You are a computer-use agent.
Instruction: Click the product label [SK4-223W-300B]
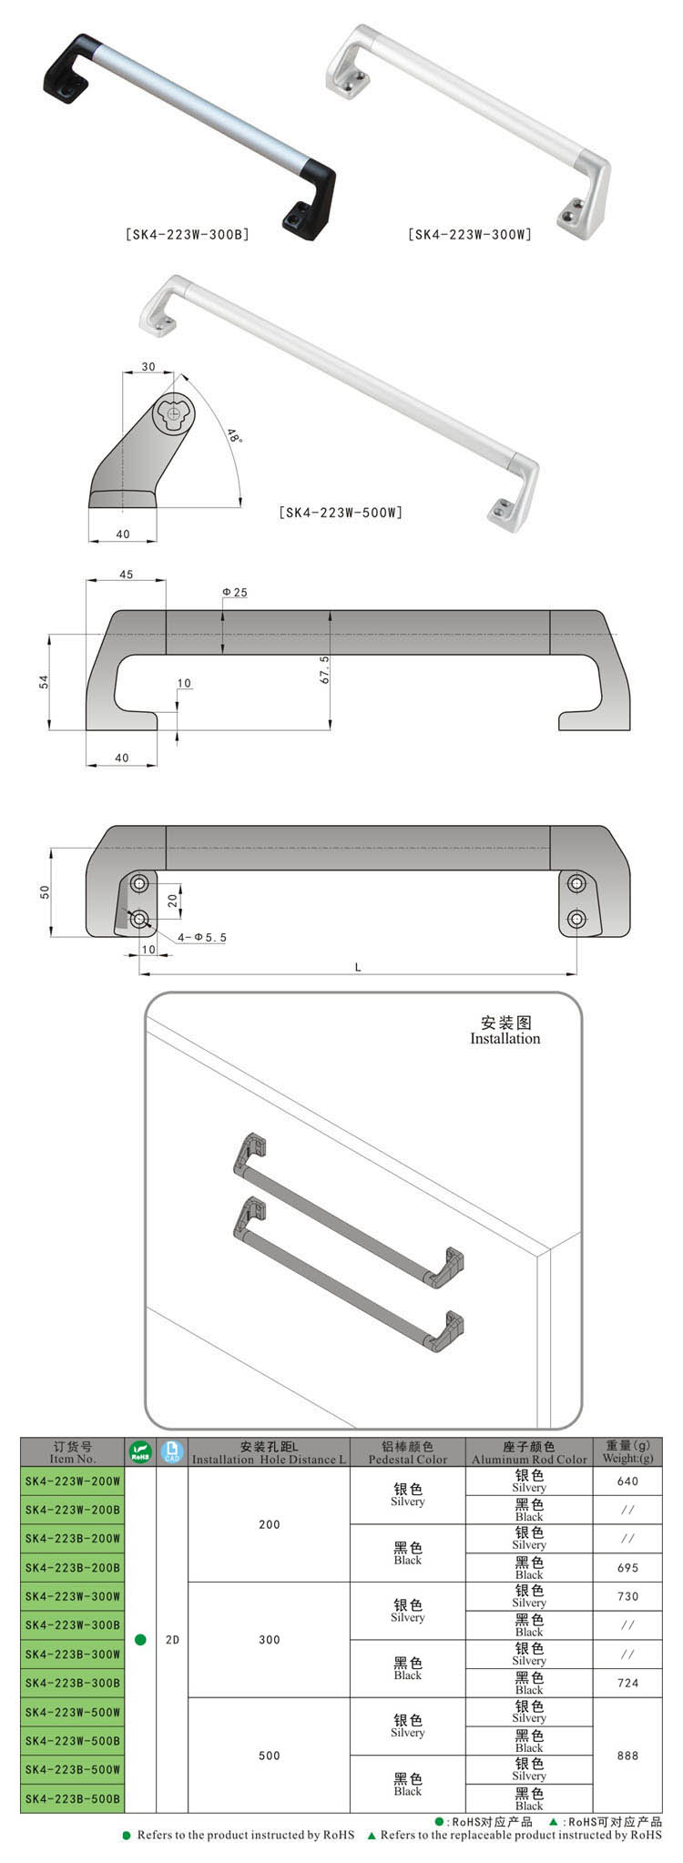click(x=187, y=235)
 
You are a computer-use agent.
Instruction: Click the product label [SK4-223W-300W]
click(x=471, y=235)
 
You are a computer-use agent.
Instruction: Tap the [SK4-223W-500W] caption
click(x=341, y=513)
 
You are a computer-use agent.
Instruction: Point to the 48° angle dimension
click(x=235, y=436)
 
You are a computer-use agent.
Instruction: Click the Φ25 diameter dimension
click(x=234, y=593)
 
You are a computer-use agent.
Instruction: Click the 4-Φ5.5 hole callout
click(x=202, y=937)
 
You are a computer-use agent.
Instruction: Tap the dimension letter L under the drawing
click(x=358, y=967)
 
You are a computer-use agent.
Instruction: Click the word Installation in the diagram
click(x=505, y=1038)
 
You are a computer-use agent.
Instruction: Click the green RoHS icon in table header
click(x=140, y=1451)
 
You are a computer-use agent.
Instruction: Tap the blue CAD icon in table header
click(x=171, y=1451)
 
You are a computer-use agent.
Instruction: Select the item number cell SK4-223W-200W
click(x=73, y=1481)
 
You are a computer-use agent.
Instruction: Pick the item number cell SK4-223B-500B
click(x=73, y=1799)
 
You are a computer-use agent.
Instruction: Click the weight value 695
click(x=627, y=1568)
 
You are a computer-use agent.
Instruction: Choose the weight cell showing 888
click(x=627, y=1756)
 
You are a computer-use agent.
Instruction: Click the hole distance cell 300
click(x=269, y=1640)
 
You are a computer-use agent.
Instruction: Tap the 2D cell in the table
click(x=172, y=1640)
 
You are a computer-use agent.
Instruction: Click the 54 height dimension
click(x=44, y=681)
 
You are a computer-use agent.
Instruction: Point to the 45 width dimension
click(x=126, y=575)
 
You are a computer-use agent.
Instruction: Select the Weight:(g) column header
click(x=627, y=1458)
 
